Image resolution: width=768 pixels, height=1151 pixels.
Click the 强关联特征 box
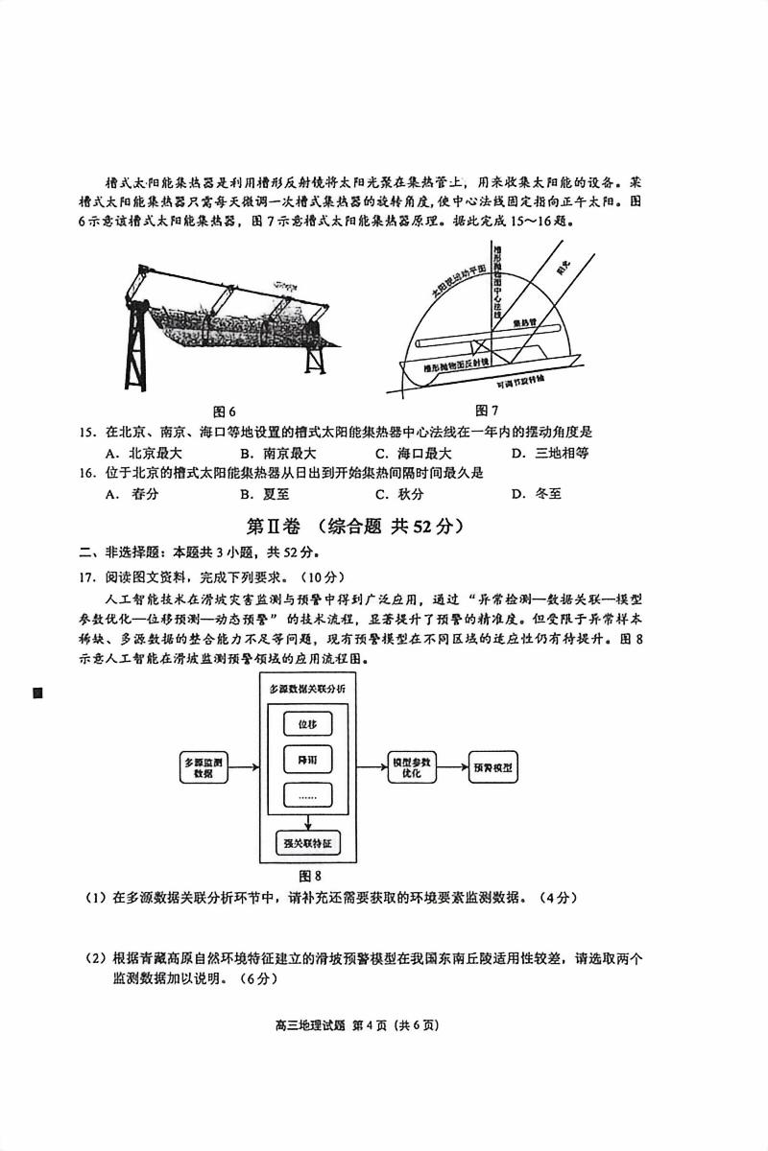[307, 843]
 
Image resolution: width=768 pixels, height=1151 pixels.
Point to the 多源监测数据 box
[203, 767]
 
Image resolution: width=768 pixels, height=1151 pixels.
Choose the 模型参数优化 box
[413, 766]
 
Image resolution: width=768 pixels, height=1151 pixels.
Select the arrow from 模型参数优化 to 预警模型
[451, 767]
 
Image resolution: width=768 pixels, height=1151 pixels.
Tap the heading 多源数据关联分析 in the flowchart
[307, 690]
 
